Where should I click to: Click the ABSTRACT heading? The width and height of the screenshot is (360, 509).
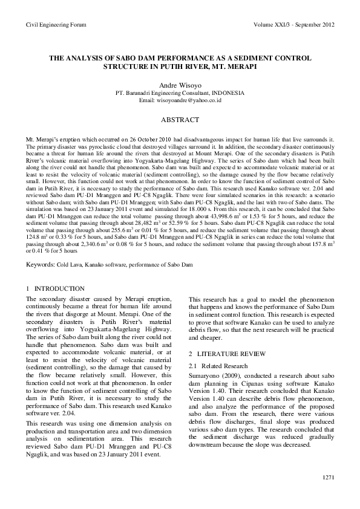(180, 120)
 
